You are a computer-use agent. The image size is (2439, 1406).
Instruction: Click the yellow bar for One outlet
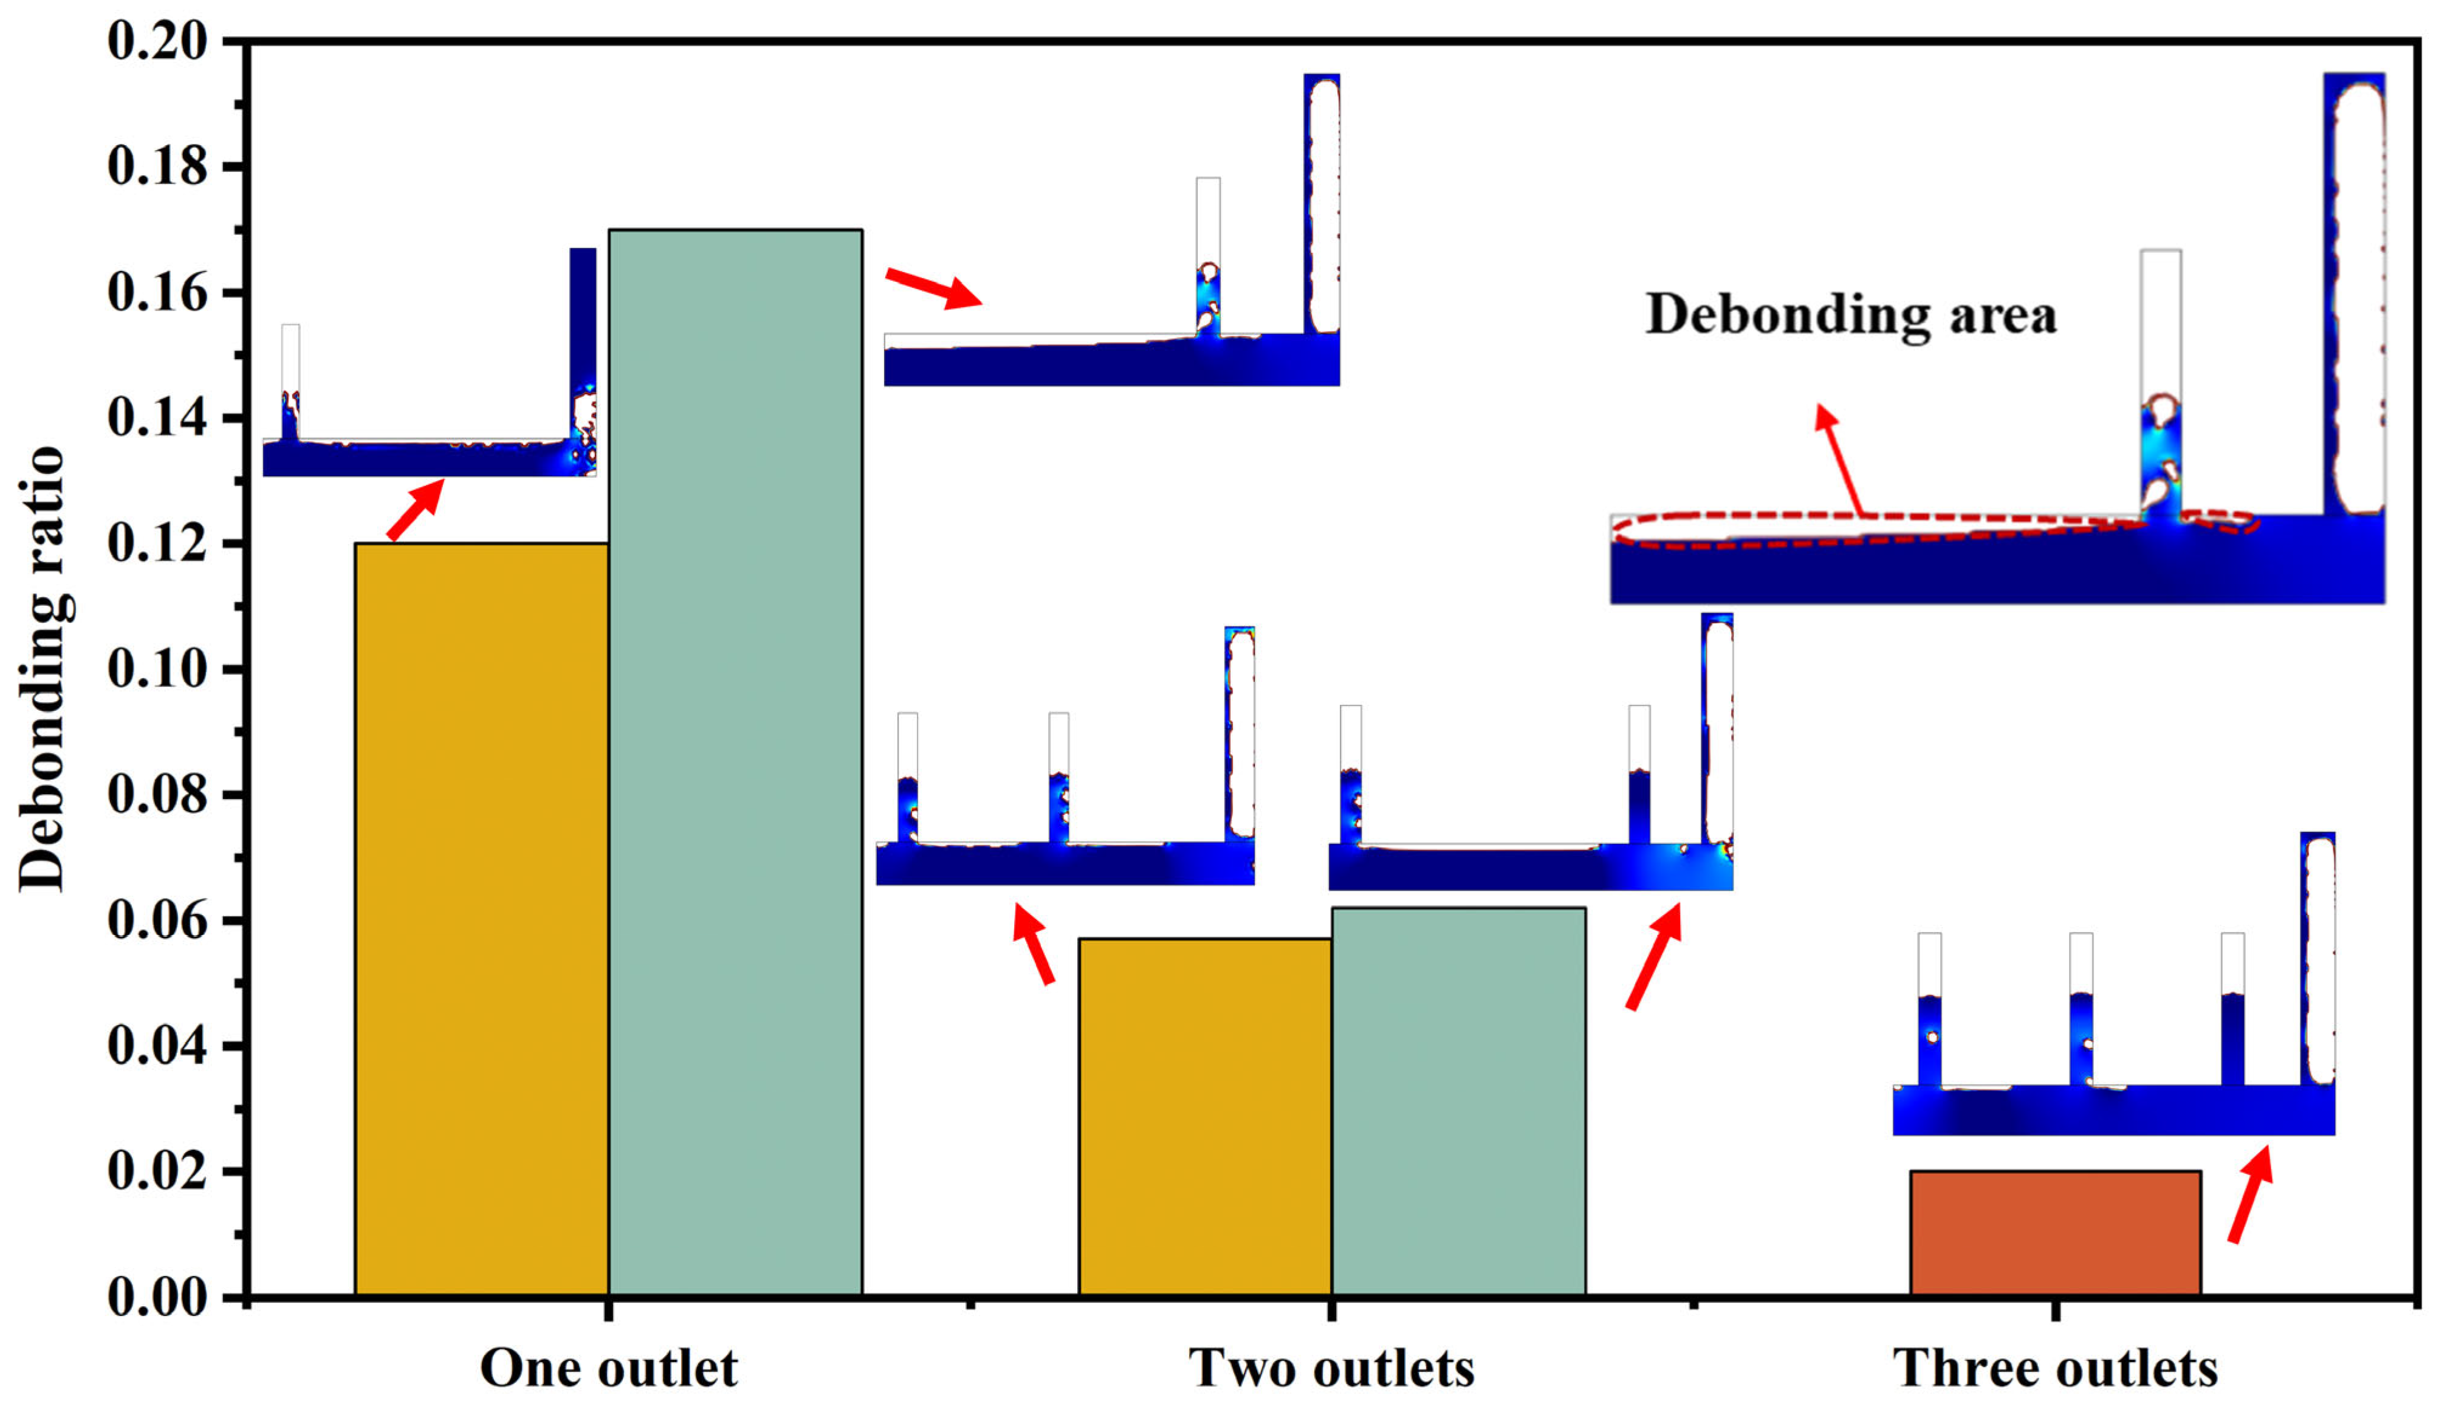point(481,917)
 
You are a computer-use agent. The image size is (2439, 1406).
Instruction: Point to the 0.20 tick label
point(157,41)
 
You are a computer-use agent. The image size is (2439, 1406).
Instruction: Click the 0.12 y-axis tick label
point(157,544)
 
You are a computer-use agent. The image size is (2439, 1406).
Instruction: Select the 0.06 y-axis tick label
point(157,921)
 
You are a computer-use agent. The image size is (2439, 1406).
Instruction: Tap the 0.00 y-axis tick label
point(157,1296)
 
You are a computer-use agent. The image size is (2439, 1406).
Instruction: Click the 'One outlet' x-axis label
point(608,1367)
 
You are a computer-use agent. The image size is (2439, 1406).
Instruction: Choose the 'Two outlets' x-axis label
point(1331,1367)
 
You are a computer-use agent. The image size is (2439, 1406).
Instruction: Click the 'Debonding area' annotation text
point(1851,315)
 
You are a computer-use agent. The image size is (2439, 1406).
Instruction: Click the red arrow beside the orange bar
point(2251,1193)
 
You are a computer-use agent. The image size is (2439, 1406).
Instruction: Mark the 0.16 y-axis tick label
point(157,293)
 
